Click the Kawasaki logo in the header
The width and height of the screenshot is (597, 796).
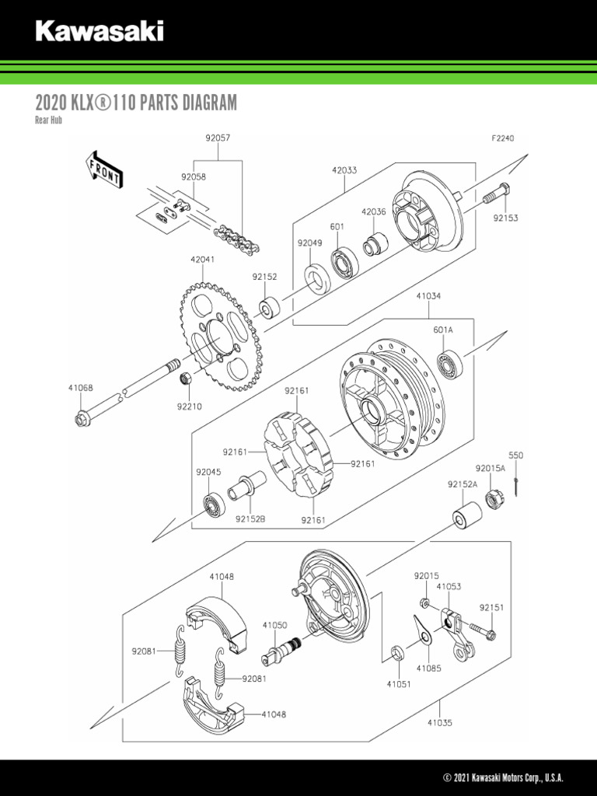99,32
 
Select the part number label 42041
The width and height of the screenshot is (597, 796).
202,260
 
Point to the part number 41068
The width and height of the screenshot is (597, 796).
80,387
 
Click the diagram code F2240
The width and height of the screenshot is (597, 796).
502,138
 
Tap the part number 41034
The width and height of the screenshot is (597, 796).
428,296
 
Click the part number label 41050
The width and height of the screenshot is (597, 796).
274,624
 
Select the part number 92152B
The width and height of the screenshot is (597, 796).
250,518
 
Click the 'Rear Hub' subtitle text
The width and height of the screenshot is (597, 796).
48,120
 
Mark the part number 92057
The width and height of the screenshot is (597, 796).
218,138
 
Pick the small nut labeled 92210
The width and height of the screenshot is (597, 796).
187,379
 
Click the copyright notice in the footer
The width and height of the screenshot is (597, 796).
503,778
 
